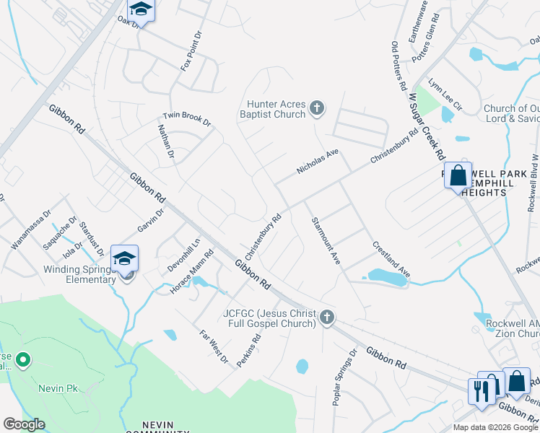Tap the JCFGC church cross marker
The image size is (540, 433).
[x=327, y=317]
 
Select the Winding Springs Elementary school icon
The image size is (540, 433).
[x=125, y=259]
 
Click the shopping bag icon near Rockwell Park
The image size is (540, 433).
[x=458, y=175]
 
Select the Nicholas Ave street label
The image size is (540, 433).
[x=317, y=162]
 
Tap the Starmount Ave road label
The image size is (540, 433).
[x=326, y=240]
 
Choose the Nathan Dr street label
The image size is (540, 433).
[x=166, y=141]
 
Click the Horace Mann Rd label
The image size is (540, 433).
[x=192, y=271]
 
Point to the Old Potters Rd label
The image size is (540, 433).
[x=399, y=66]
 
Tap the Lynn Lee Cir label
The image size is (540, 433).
[x=445, y=95]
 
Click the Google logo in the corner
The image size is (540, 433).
[x=24, y=424]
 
